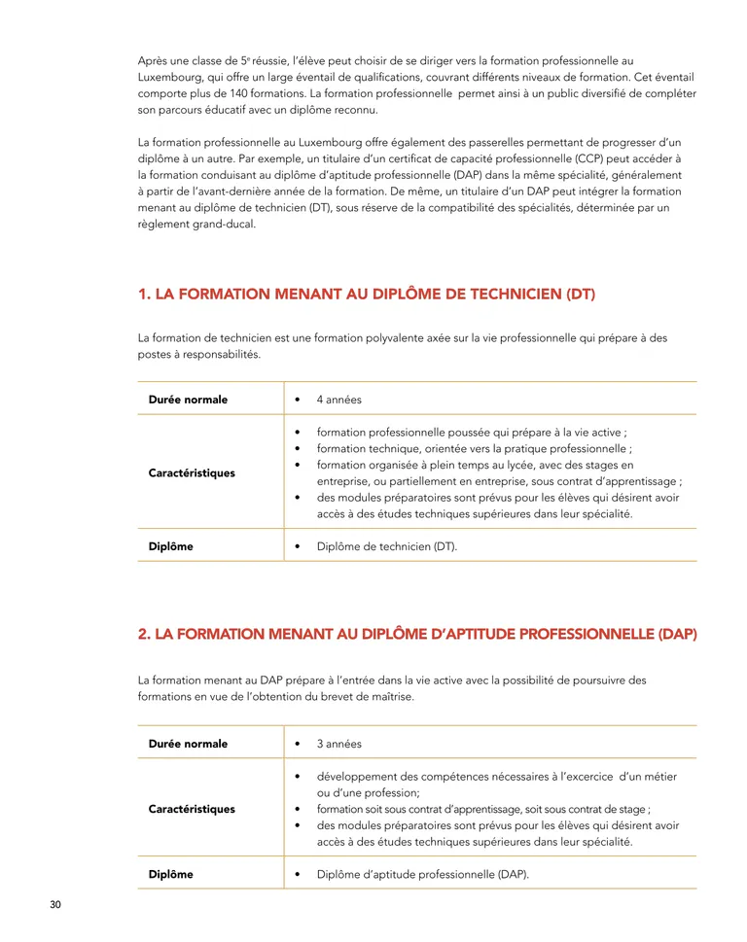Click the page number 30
(55, 905)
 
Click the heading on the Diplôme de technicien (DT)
(367, 294)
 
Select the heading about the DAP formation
(417, 634)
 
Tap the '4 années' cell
(338, 400)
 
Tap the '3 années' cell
(338, 744)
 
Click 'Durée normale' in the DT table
(188, 400)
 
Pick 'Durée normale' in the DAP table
(188, 744)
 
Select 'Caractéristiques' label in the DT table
(192, 473)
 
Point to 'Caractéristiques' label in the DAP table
(192, 809)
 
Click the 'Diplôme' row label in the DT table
(170, 546)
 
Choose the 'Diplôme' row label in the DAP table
(170, 874)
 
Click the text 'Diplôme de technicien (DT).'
(387, 546)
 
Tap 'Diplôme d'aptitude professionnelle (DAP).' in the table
(423, 874)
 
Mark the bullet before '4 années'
(297, 400)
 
